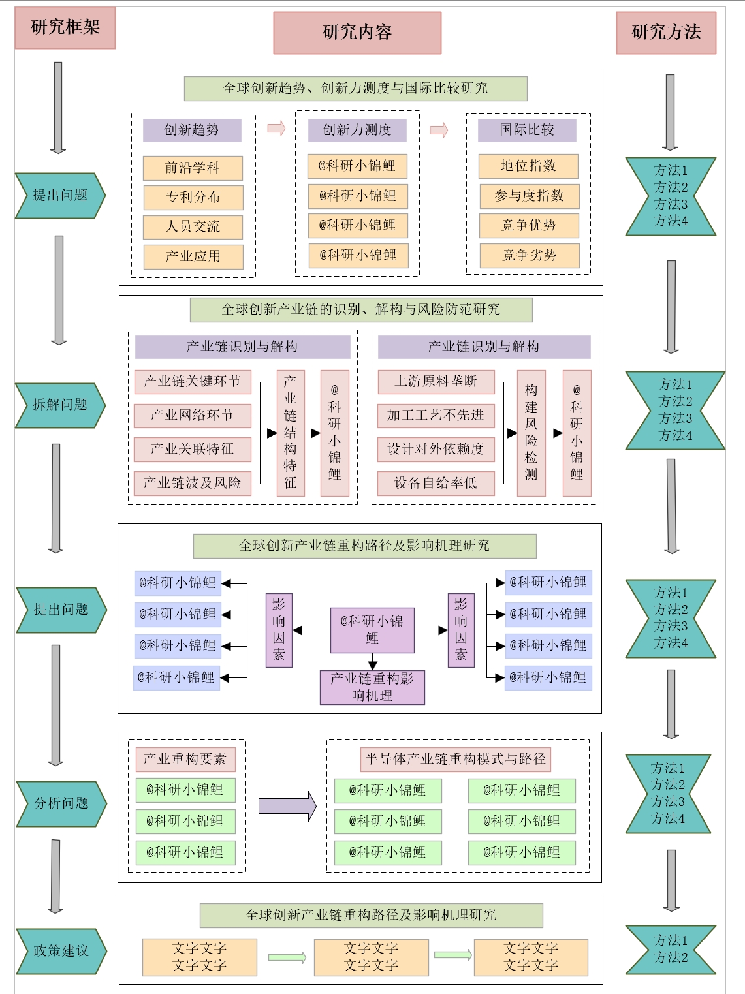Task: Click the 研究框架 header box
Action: pos(65,27)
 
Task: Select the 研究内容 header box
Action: pos(357,33)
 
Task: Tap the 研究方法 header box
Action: pos(666,33)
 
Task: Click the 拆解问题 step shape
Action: pos(59,405)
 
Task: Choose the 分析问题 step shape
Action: pos(61,803)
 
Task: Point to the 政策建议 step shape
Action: pos(61,951)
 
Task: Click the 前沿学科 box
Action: pos(193,168)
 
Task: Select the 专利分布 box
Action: pos(193,197)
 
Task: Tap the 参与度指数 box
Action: pos(529,196)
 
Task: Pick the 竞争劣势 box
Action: pos(529,255)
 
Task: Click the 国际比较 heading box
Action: pos(527,130)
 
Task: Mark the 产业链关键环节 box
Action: pos(193,381)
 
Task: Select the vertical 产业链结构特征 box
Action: pos(290,433)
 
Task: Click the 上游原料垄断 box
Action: pos(436,381)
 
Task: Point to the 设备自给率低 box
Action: pos(436,483)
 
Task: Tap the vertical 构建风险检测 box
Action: pos(531,433)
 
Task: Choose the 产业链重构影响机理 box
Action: pos(372,687)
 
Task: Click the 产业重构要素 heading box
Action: pos(185,759)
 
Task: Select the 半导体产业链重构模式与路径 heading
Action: pos(455,759)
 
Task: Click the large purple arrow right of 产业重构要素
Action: pos(287,806)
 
